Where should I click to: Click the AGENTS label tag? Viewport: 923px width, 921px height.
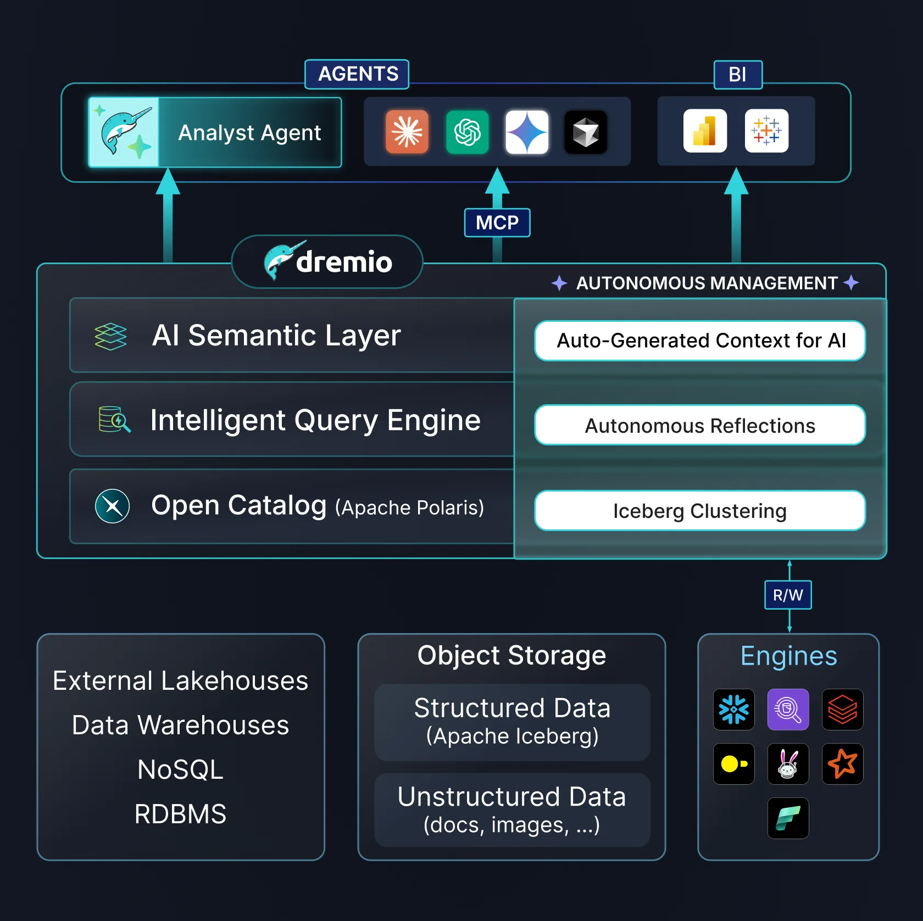[357, 74]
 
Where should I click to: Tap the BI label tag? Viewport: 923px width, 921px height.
[738, 75]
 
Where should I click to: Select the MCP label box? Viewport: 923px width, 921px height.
[497, 222]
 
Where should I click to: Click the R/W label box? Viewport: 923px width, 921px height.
[788, 595]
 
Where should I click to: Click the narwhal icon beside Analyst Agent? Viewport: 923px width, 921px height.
[124, 132]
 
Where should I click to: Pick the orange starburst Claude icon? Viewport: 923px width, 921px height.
[407, 132]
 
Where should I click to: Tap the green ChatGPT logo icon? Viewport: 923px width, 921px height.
[467, 132]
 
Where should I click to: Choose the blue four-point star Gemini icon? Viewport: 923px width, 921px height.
[527, 132]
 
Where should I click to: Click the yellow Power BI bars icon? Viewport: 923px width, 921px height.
[705, 131]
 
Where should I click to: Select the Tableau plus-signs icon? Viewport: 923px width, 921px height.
[766, 131]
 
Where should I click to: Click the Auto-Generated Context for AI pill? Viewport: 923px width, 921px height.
[700, 341]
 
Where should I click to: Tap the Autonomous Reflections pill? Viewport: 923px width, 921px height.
[700, 426]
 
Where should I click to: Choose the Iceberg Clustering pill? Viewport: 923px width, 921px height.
[700, 511]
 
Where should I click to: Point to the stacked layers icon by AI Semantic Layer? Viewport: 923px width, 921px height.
[110, 336]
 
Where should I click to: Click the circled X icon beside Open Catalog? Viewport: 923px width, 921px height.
[113, 506]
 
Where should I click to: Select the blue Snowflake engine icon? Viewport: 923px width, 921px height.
[733, 710]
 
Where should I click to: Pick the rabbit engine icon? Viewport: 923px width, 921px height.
[788, 764]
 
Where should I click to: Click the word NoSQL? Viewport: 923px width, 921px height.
[180, 769]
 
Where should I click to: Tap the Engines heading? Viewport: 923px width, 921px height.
[788, 656]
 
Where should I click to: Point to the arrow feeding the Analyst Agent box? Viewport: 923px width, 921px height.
[168, 214]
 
